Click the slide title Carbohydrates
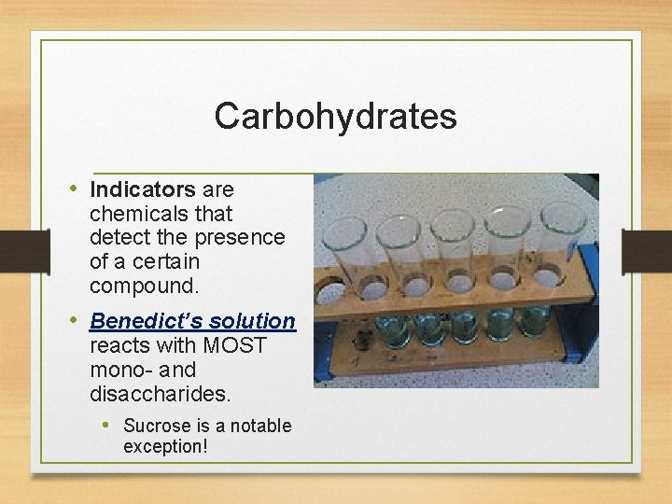pos(335,117)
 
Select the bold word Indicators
pos(142,189)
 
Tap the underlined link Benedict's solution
pos(192,321)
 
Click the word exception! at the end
pos(164,446)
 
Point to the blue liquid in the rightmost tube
pos(535,321)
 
